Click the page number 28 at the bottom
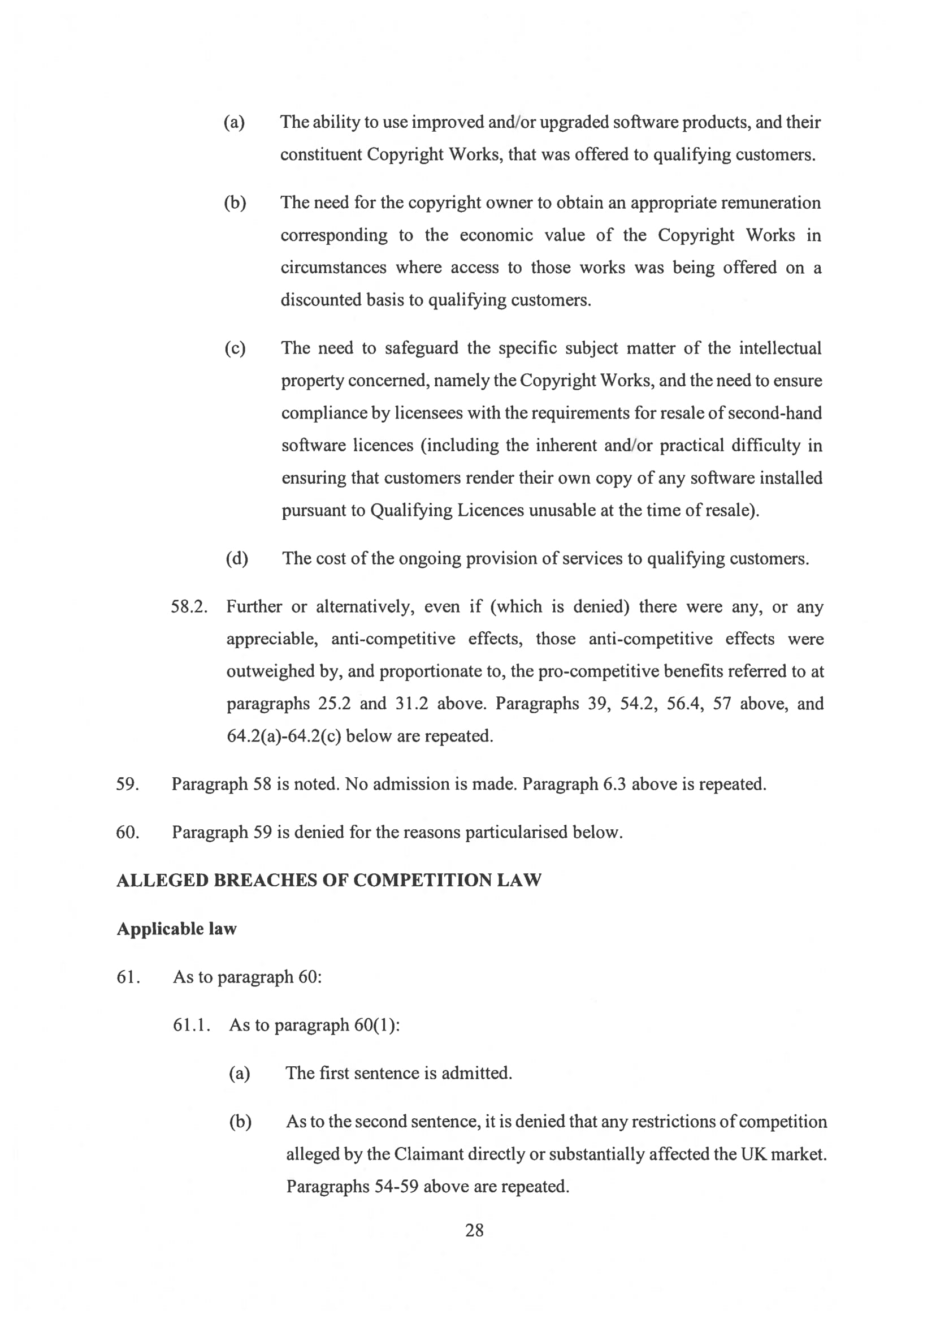(x=474, y=1230)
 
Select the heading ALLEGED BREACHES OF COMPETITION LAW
(x=328, y=880)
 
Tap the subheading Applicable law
(x=176, y=929)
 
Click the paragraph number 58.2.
(x=189, y=607)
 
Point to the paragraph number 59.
(x=127, y=784)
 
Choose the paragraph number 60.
(x=127, y=832)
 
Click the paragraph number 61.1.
(x=192, y=1025)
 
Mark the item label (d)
(x=237, y=558)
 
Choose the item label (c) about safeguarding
(x=235, y=348)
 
